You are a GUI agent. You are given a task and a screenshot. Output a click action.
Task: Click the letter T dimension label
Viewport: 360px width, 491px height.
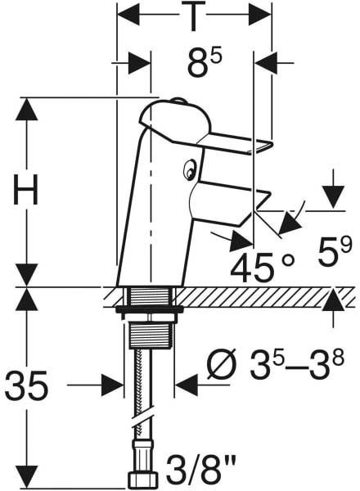click(x=193, y=16)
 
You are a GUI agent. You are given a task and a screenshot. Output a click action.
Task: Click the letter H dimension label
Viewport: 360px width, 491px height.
click(x=25, y=189)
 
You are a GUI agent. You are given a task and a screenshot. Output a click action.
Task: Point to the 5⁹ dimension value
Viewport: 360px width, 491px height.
click(x=333, y=250)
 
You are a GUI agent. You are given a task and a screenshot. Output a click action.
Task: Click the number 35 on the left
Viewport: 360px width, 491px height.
click(x=27, y=385)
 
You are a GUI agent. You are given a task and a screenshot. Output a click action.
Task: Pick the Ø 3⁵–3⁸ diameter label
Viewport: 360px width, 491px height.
click(x=275, y=364)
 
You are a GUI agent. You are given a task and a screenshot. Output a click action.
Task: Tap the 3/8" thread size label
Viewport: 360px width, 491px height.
click(x=200, y=470)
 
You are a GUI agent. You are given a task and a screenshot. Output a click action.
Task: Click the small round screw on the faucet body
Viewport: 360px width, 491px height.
click(x=189, y=170)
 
